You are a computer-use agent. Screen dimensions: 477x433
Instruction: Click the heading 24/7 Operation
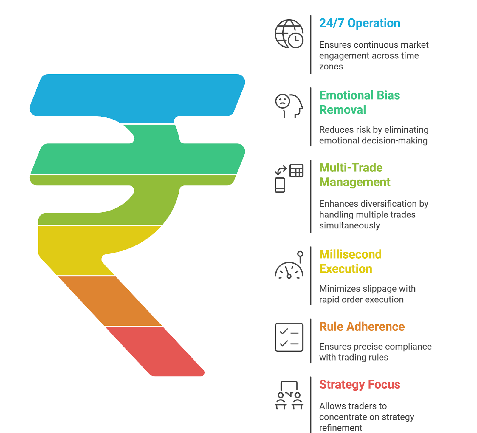point(360,23)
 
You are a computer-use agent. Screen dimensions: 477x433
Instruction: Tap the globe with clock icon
point(289,34)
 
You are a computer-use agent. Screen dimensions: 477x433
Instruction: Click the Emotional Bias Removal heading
point(359,103)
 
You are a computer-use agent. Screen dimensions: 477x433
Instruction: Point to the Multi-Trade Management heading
point(354,175)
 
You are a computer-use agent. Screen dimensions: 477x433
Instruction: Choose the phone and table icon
point(289,178)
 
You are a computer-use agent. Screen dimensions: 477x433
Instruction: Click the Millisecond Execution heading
point(350,262)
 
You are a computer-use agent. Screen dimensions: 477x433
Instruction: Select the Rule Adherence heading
point(362,327)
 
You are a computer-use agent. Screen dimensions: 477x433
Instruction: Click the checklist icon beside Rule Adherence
point(289,337)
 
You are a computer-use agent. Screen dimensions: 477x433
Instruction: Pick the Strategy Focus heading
point(359,385)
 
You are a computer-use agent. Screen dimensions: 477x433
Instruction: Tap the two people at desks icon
point(289,395)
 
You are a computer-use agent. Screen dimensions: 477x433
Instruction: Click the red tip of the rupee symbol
point(158,352)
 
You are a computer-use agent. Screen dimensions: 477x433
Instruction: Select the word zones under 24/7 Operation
point(331,67)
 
